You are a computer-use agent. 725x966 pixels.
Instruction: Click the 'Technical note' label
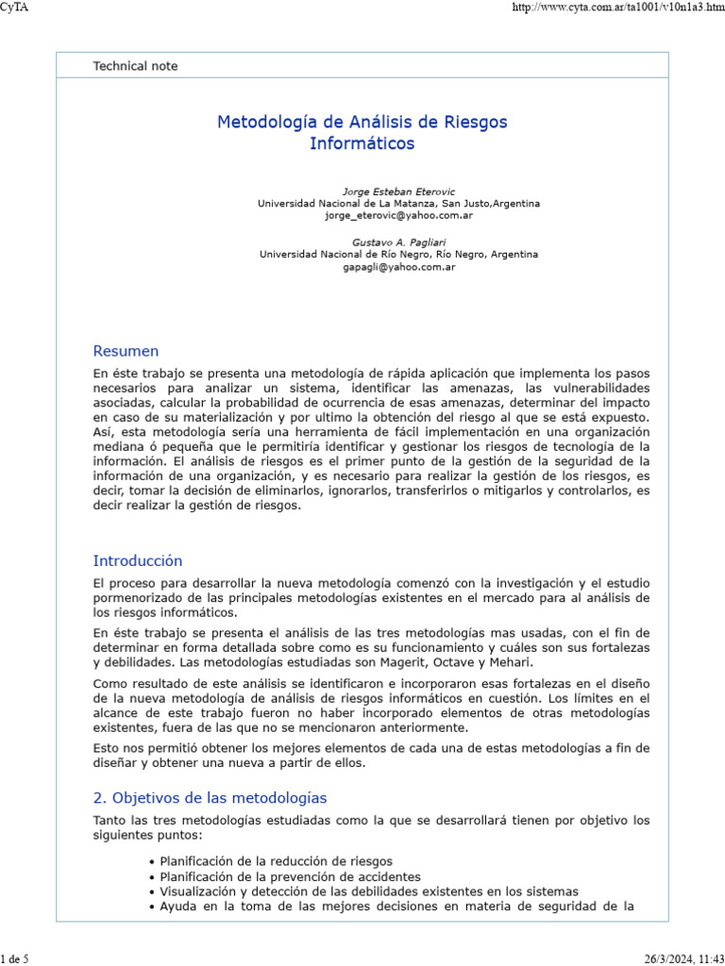point(135,66)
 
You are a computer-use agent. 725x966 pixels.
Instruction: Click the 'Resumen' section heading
point(126,352)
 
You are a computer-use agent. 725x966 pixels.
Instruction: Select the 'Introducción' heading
point(138,561)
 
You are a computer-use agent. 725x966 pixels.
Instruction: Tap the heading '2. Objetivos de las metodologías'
point(210,798)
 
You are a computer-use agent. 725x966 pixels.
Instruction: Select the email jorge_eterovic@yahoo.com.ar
point(398,215)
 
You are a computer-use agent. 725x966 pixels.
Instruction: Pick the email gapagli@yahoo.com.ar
point(398,267)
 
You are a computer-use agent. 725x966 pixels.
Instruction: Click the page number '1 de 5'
point(15,959)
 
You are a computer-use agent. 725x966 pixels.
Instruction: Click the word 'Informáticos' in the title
point(362,144)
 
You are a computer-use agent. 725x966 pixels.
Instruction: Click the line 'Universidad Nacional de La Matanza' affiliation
point(398,204)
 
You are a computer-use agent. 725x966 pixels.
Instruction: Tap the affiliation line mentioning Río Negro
point(398,255)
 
